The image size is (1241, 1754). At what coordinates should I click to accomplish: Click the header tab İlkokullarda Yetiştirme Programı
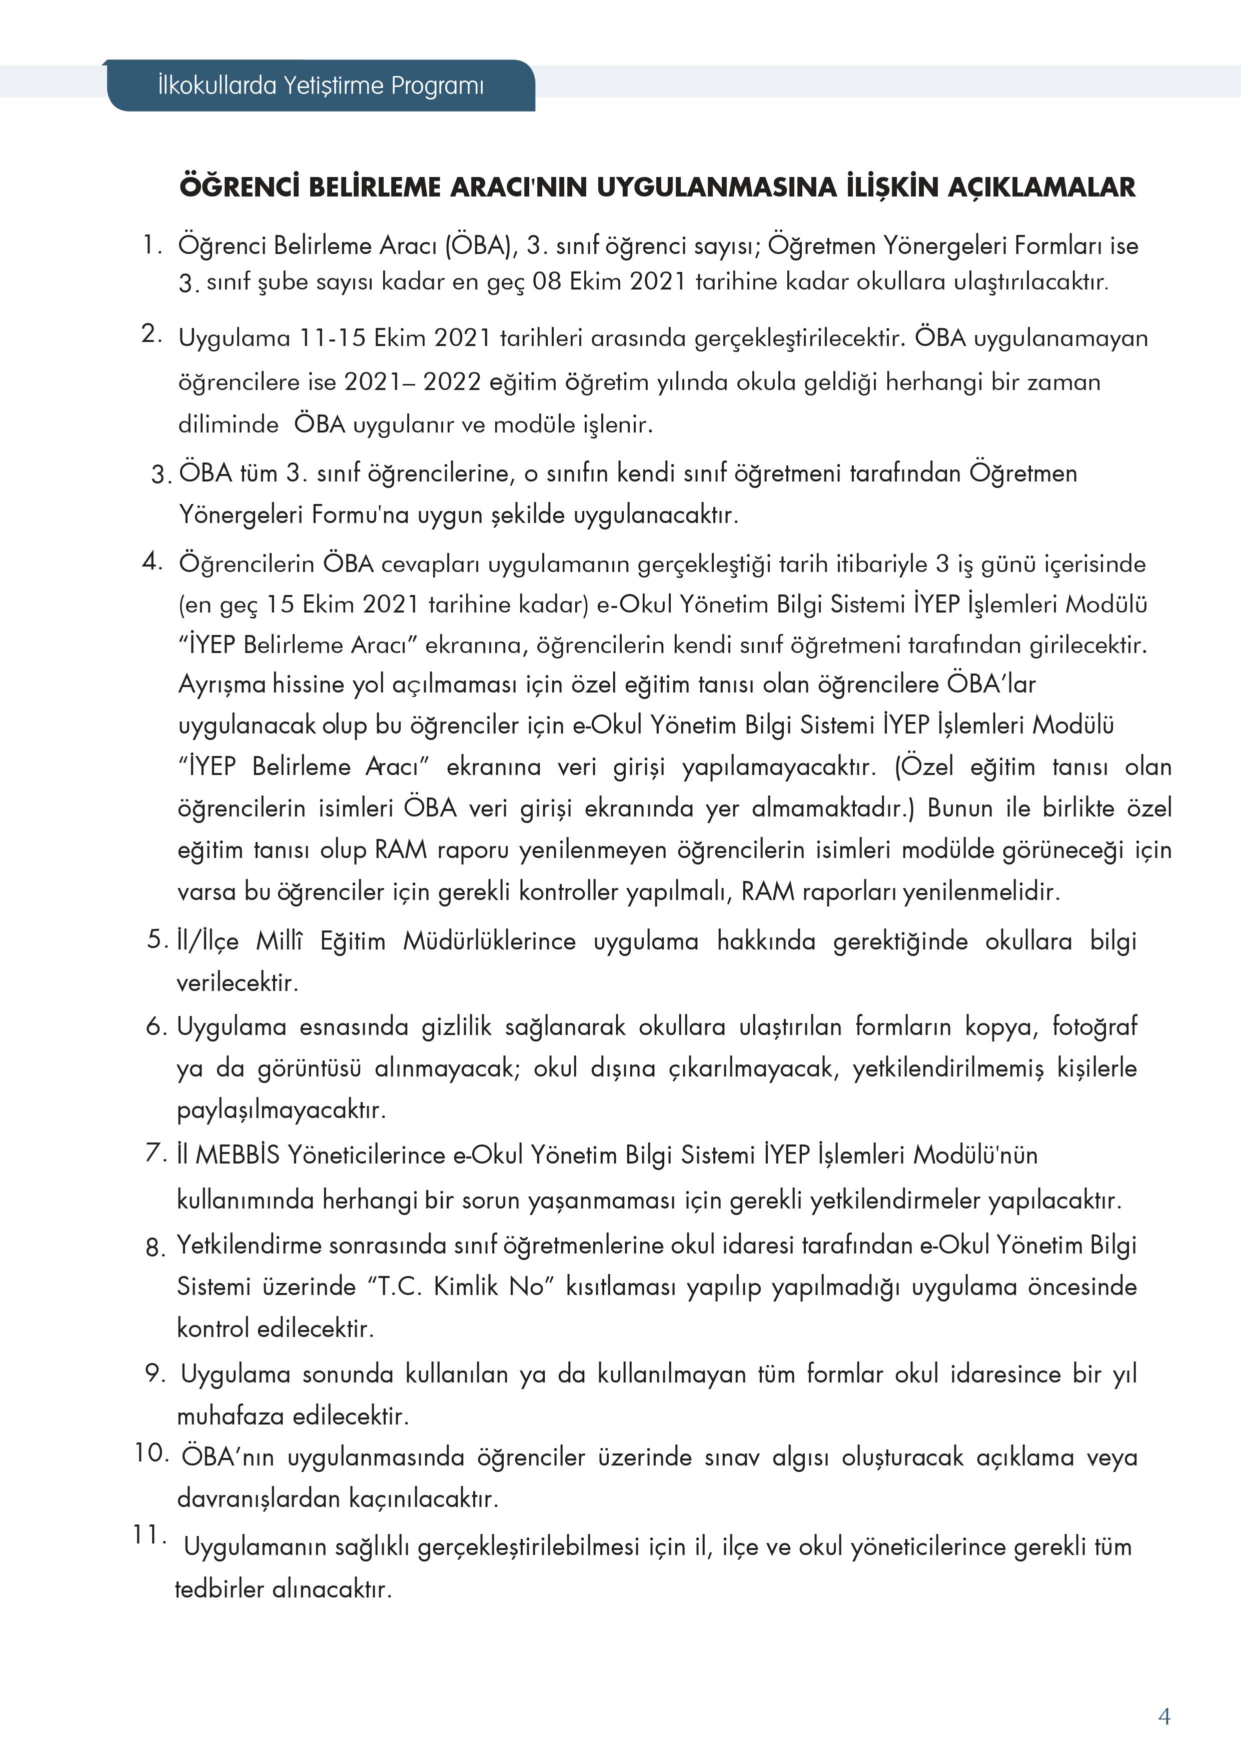point(321,85)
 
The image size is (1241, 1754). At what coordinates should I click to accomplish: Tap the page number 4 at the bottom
point(1164,1716)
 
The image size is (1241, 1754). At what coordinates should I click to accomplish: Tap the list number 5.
point(157,939)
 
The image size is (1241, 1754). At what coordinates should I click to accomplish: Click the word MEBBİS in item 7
point(238,1154)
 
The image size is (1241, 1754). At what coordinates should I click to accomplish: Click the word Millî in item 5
point(279,940)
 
